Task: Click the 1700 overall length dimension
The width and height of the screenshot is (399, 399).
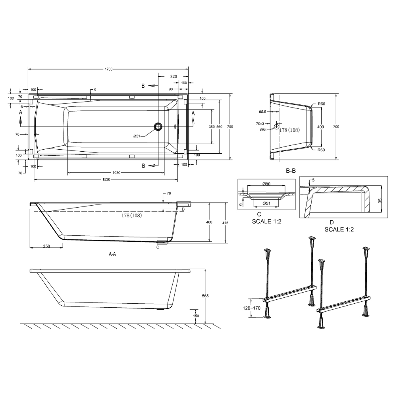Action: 109,69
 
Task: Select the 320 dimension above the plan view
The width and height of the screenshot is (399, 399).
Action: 173,76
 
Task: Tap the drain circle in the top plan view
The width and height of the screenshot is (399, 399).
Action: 158,126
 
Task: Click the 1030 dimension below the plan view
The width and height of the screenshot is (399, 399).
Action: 116,173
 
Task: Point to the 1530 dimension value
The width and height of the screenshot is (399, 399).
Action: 106,179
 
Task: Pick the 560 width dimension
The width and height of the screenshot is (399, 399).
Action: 219,127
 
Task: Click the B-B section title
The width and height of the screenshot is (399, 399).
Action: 291,171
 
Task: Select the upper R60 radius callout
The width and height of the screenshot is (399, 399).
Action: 321,104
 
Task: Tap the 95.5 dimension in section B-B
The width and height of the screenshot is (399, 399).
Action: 262,112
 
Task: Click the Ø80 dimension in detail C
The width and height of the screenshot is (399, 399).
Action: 266,184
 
